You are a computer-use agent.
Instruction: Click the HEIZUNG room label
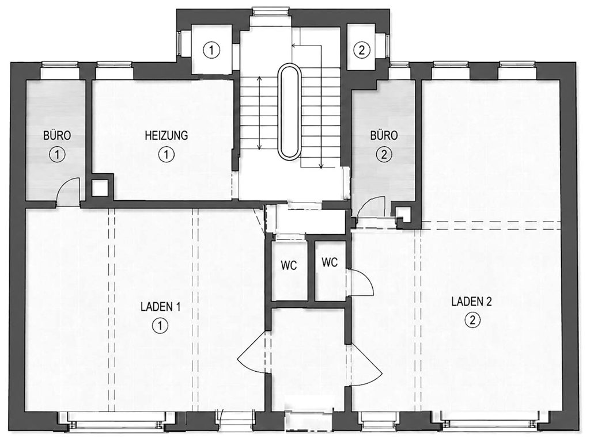167,135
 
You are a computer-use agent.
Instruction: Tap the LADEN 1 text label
160,307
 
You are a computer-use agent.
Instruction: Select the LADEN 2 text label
471,302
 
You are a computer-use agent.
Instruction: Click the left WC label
289,265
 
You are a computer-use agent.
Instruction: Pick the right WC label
330,262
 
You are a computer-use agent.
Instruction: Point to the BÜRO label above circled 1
57,135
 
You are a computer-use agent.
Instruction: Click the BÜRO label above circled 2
384,135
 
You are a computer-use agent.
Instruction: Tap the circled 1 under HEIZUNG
167,154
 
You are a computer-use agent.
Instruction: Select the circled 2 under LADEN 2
472,321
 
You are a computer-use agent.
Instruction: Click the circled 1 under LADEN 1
160,326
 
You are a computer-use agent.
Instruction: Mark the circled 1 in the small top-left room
211,50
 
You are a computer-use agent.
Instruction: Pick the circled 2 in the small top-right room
362,50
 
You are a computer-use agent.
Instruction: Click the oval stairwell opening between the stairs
289,111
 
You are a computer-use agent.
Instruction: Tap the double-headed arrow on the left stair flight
259,113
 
